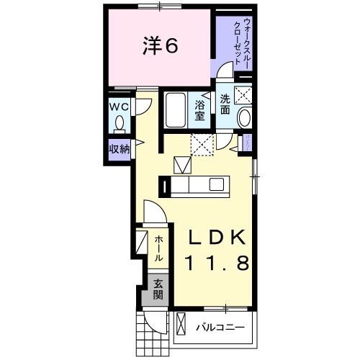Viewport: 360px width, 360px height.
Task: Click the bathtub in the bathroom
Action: [175, 111]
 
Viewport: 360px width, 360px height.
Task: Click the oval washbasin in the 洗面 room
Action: [245, 118]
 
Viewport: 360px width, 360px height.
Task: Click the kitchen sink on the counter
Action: [216, 185]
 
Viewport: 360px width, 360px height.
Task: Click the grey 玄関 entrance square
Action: [158, 289]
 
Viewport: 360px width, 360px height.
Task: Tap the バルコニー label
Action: [220, 328]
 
